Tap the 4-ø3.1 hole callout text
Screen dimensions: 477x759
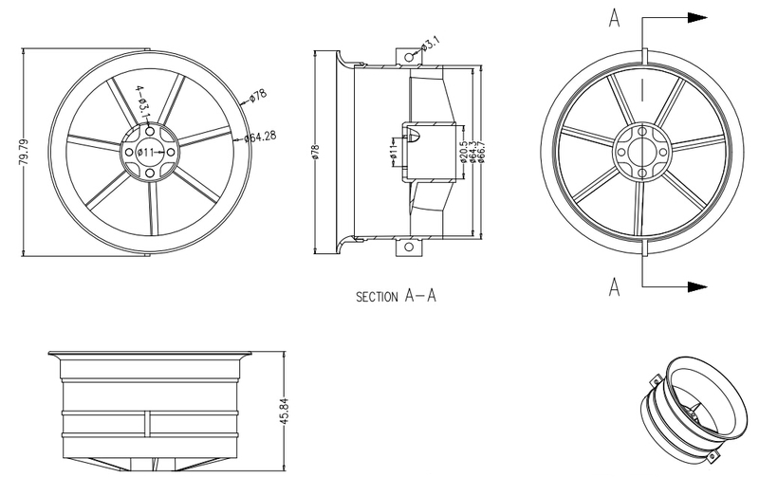[x=141, y=103]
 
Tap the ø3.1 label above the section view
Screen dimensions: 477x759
[x=430, y=45]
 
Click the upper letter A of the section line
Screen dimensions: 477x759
[x=616, y=20]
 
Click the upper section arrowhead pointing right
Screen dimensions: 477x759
[x=697, y=18]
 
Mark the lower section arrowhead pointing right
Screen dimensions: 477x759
[x=697, y=284]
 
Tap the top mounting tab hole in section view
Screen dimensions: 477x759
[x=409, y=58]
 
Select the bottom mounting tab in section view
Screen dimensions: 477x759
[x=410, y=249]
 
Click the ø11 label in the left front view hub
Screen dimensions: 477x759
[x=147, y=152]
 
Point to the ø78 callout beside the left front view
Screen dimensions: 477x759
[x=257, y=96]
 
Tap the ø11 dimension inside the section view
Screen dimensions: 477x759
[x=392, y=152]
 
